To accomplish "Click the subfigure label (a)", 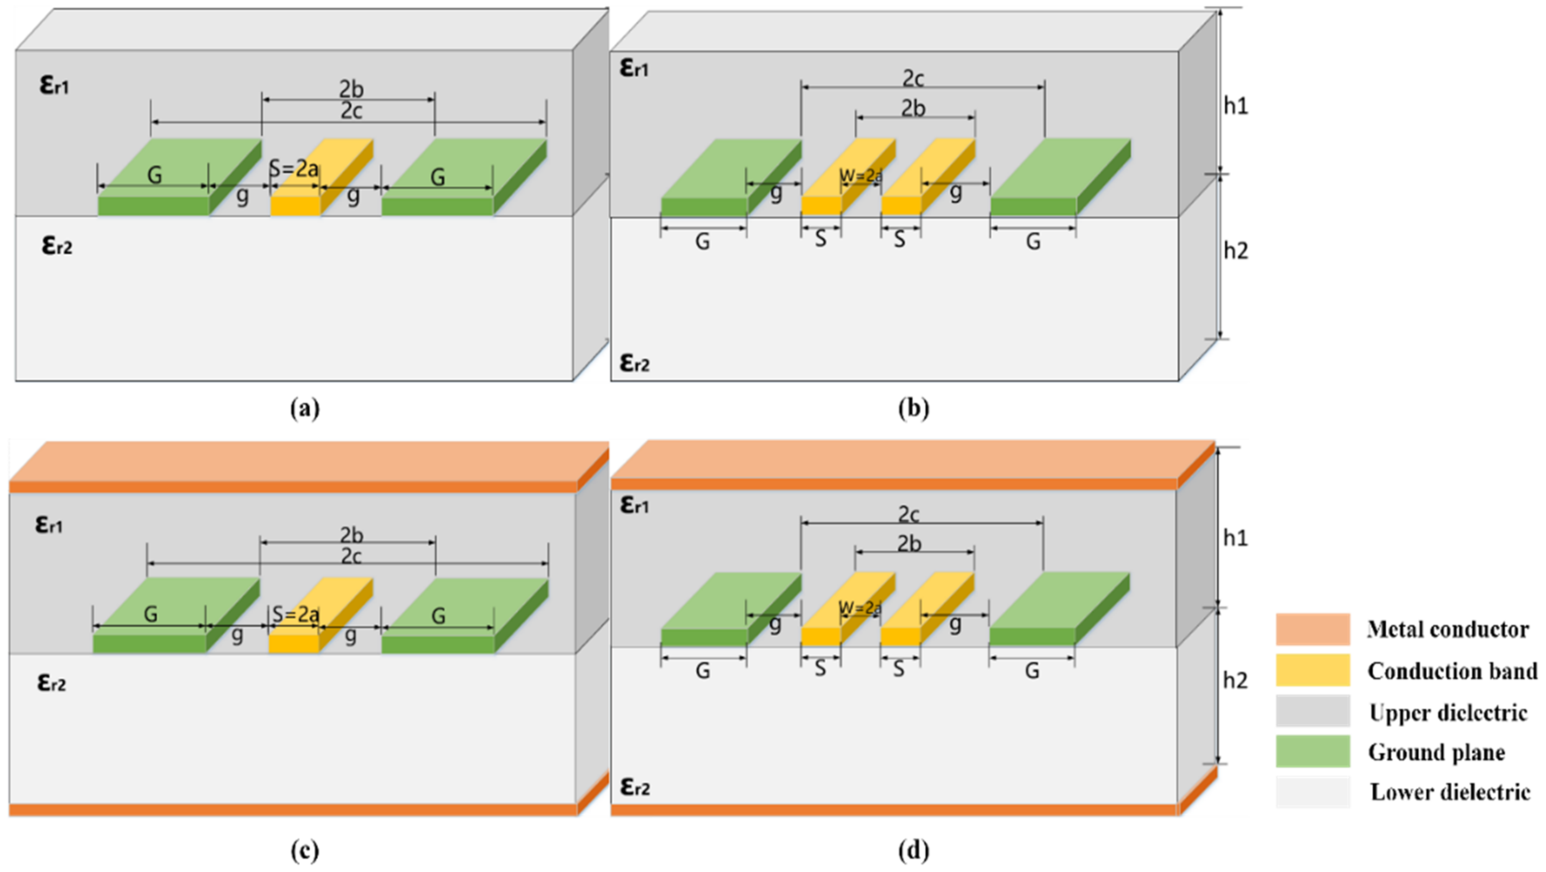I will (304, 409).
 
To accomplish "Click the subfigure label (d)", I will (913, 850).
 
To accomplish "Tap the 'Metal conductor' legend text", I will (1448, 629).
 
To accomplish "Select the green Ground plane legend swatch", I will (1312, 752).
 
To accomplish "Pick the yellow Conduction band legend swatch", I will (1312, 670).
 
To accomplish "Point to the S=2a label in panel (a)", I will (294, 169).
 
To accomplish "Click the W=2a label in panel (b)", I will (861, 176).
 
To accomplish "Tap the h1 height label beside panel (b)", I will (1235, 106).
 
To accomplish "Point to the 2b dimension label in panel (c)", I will (351, 534).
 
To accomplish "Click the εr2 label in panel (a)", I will (57, 246).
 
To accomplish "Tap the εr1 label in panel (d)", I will (634, 506).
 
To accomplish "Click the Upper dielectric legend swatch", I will (1312, 711).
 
